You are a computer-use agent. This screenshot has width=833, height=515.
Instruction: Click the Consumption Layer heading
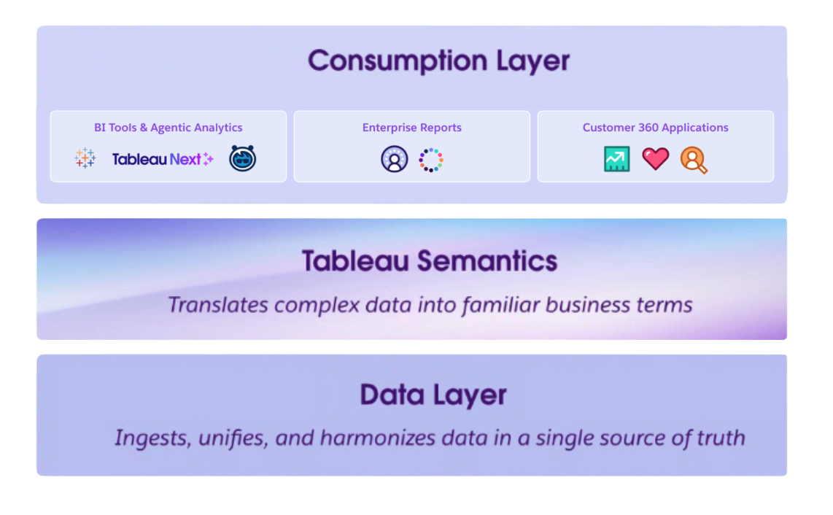tap(438, 61)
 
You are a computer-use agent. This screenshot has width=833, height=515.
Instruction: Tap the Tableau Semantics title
tap(430, 260)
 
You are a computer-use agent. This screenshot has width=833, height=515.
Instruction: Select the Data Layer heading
tap(433, 395)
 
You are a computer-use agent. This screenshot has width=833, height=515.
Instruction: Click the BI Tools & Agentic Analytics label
tap(168, 128)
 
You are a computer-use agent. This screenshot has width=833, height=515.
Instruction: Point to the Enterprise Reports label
tap(411, 128)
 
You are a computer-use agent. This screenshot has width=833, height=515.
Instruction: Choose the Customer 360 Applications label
tap(655, 128)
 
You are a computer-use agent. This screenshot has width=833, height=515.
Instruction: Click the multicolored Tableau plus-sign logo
tap(85, 158)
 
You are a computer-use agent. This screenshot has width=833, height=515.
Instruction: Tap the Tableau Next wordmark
tap(156, 159)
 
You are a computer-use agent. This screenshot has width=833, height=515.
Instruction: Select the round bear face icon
tap(243, 158)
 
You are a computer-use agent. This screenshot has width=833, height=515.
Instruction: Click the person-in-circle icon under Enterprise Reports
tap(394, 159)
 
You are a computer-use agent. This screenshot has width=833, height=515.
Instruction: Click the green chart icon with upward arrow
tap(617, 159)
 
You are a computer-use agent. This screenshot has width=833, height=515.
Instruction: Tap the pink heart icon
tap(656, 159)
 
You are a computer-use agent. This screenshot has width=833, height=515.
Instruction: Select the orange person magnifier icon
tap(693, 160)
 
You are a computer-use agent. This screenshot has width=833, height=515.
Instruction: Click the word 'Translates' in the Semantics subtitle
tap(218, 305)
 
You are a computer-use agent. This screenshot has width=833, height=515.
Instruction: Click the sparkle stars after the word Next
tap(209, 158)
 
